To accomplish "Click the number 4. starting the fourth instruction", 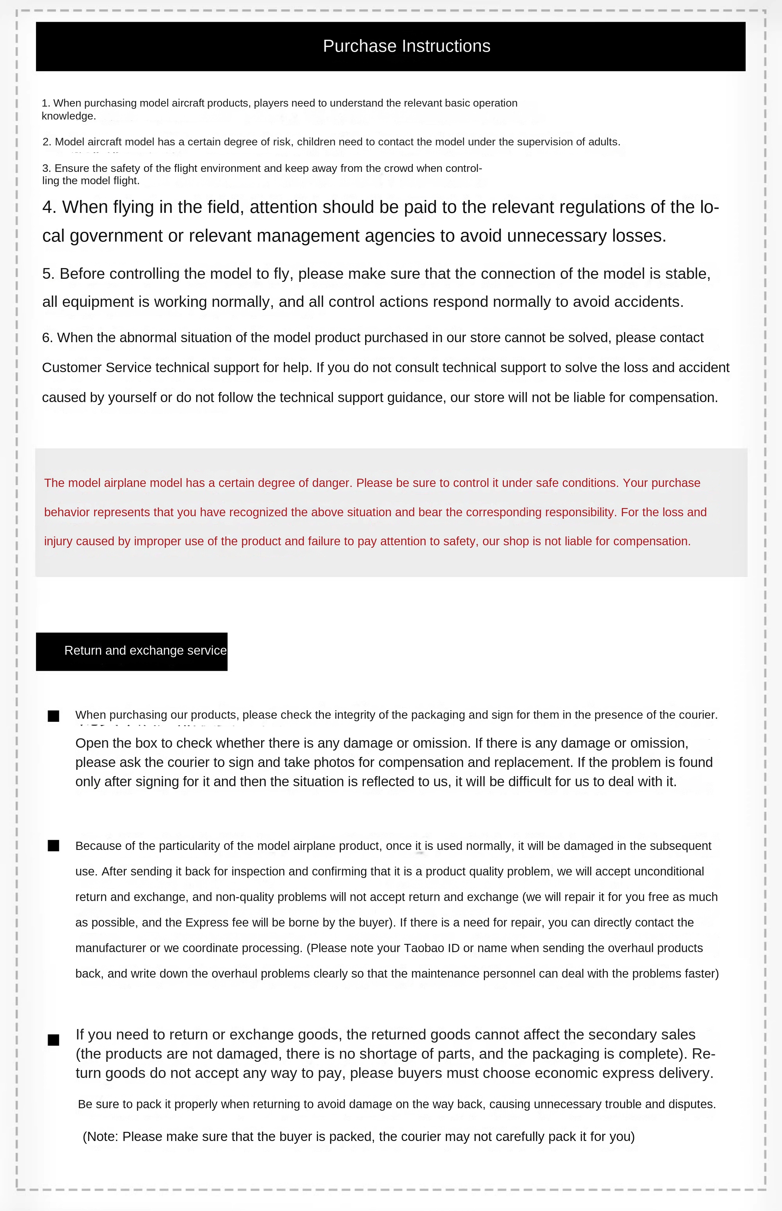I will tap(49, 207).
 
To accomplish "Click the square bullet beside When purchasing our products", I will tap(53, 716).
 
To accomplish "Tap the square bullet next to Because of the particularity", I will tap(53, 845).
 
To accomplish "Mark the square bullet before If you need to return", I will tap(53, 1040).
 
